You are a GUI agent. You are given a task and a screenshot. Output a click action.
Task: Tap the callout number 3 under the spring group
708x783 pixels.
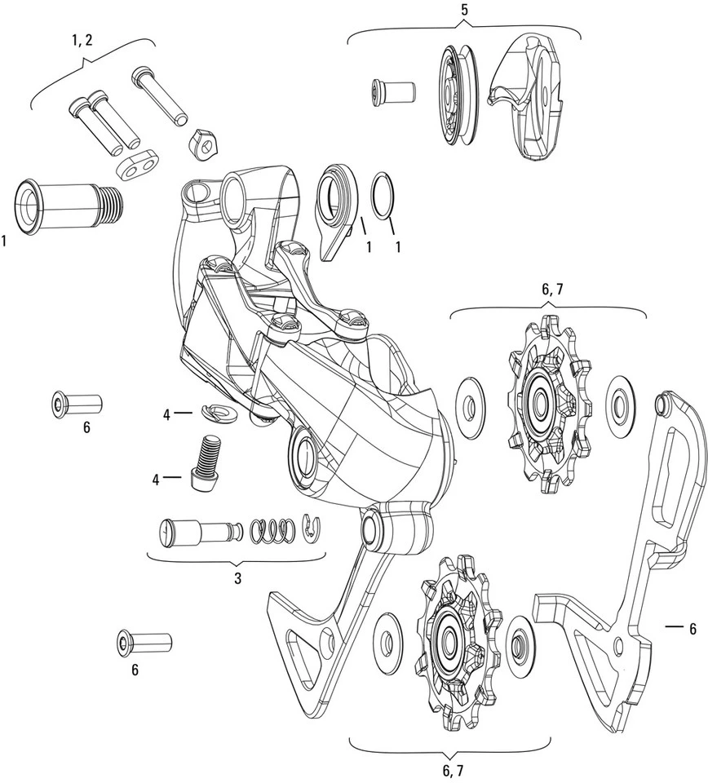tap(237, 578)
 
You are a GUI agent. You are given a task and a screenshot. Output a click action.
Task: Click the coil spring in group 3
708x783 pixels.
tap(270, 531)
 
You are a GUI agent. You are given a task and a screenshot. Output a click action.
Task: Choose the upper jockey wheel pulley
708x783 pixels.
tap(542, 401)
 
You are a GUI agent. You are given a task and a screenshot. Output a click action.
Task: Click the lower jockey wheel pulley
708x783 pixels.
tap(451, 636)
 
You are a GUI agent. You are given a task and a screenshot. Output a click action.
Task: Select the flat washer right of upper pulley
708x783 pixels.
tap(622, 401)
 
